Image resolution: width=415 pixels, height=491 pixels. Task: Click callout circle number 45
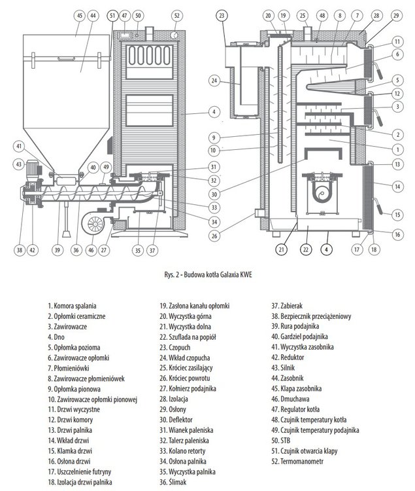coord(79,14)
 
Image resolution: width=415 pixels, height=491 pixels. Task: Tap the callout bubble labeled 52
coord(176,14)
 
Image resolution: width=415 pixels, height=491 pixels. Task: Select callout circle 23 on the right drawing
coord(222,14)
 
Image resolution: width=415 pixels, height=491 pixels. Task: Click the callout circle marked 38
coord(20,249)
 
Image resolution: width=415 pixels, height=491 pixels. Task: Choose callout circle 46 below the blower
coord(90,249)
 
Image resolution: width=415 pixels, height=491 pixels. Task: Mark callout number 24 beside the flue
coord(215,81)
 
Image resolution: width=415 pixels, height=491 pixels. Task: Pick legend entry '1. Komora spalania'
coord(72,305)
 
